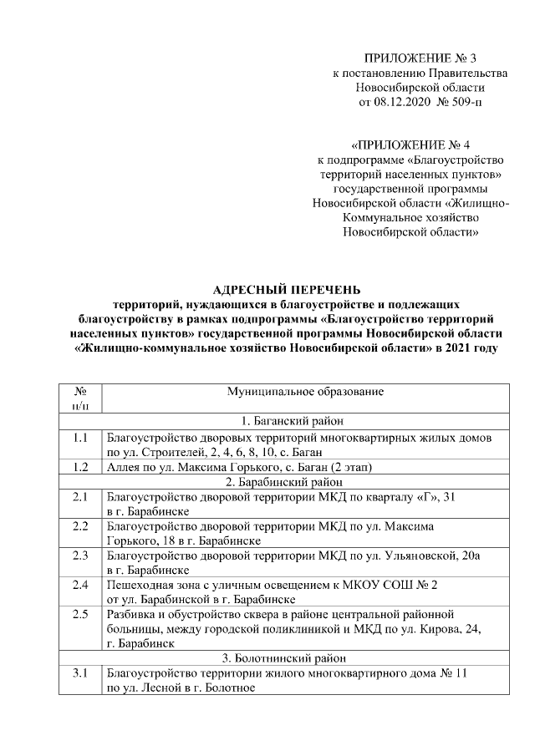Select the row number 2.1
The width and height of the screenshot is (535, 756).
coord(81,497)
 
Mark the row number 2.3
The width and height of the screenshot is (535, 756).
coord(81,555)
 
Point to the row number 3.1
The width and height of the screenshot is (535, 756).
coord(81,673)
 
